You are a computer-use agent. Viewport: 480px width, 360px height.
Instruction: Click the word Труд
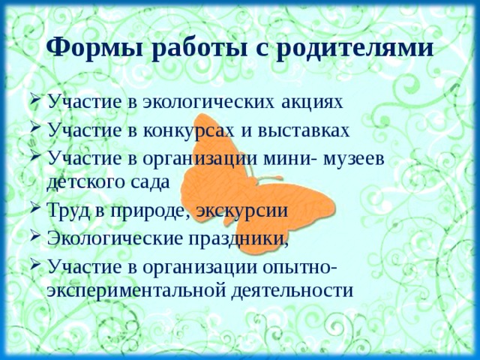point(69,211)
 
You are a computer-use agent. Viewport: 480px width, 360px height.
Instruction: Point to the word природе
point(148,211)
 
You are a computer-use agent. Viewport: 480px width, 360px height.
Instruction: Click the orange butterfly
point(225,172)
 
